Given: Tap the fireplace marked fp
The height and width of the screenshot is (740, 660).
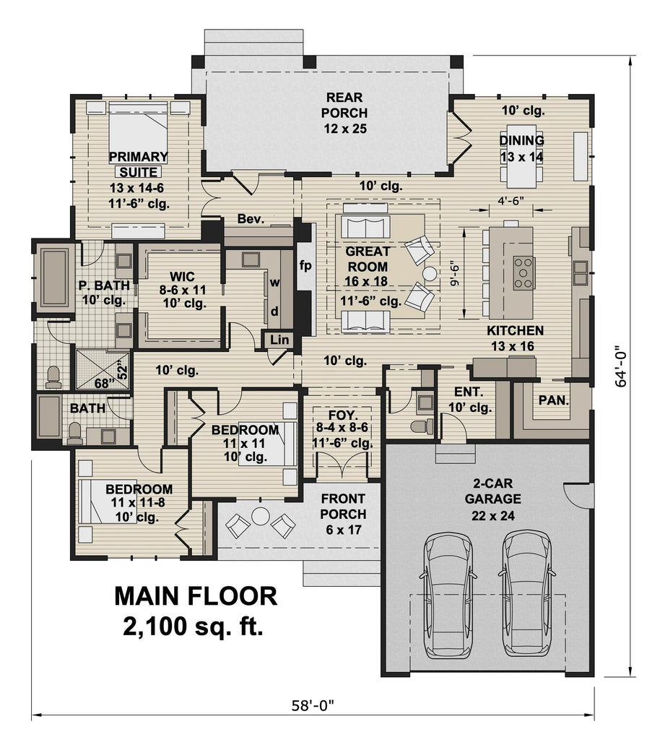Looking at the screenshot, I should pyautogui.click(x=305, y=265).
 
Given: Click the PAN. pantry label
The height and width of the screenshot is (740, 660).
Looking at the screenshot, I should pyautogui.click(x=554, y=400).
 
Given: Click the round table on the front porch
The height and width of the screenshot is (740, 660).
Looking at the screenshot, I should pyautogui.click(x=259, y=516).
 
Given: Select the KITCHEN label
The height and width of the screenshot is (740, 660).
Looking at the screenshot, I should pyautogui.click(x=515, y=331).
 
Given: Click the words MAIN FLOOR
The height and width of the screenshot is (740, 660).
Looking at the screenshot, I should pyautogui.click(x=195, y=596).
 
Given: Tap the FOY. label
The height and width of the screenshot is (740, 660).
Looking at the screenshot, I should pyautogui.click(x=342, y=416).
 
